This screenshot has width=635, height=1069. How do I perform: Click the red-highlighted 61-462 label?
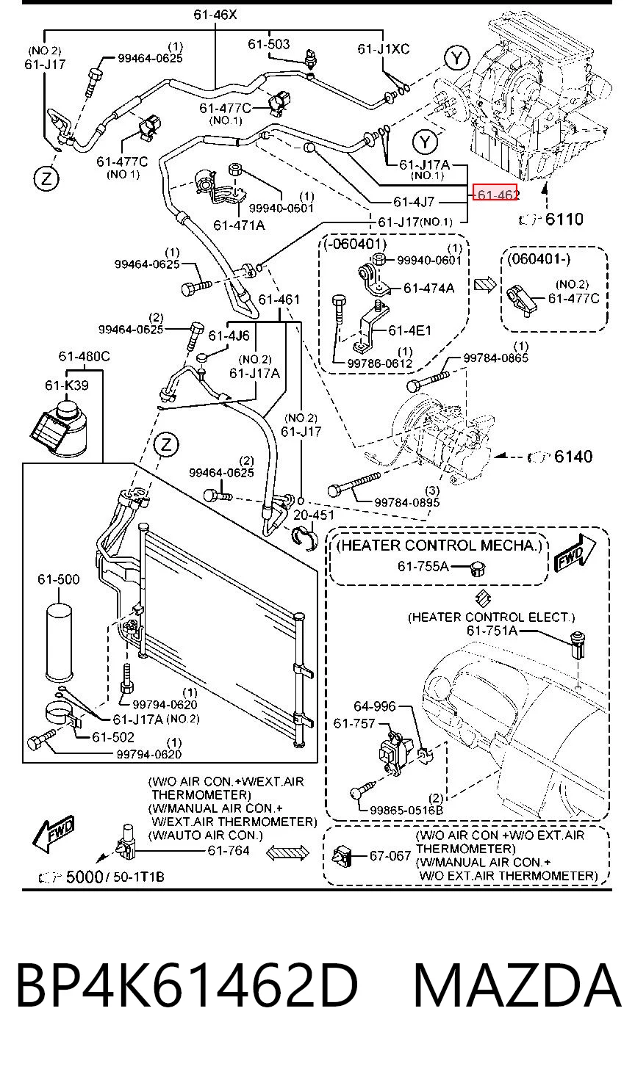[495, 193]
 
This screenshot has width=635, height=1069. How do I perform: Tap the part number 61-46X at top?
[215, 15]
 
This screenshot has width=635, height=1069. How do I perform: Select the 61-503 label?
[268, 44]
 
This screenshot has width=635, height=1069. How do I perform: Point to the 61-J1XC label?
[383, 48]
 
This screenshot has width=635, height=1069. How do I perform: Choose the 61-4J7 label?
[414, 202]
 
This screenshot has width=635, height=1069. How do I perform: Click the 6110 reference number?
[564, 219]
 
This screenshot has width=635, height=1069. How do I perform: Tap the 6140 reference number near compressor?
[573, 456]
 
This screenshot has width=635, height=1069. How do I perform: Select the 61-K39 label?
[67, 385]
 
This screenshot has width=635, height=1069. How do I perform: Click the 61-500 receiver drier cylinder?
[60, 642]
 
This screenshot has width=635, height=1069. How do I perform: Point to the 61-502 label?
[113, 737]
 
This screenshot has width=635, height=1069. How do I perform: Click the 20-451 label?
[313, 515]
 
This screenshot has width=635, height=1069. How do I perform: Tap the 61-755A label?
[423, 566]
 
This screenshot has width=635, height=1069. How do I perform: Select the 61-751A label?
[492, 631]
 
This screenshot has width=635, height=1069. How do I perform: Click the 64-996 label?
[375, 706]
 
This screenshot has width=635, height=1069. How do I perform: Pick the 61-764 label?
[229, 850]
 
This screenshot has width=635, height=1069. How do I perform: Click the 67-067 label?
[390, 855]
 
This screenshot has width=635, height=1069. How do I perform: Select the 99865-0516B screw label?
[406, 810]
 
